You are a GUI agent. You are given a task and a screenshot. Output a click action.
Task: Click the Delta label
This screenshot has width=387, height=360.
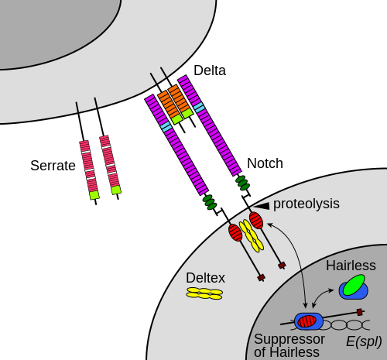click(210, 70)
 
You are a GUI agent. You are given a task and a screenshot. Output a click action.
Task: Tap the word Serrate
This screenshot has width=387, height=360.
click(53, 166)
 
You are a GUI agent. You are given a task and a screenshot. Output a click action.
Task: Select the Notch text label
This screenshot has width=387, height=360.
click(265, 163)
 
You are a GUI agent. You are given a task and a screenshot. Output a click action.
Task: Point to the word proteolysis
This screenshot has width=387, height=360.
click(307, 204)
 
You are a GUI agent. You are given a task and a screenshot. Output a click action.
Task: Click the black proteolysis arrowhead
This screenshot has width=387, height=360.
click(262, 206)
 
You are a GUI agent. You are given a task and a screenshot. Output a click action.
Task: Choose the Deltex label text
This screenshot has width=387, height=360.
click(205, 278)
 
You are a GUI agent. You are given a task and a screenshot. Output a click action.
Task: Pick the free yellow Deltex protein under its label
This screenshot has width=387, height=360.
click(204, 293)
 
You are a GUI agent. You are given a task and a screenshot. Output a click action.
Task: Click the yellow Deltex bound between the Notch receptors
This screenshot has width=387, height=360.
click(252, 235)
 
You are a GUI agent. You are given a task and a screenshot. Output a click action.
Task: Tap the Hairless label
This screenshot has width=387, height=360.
click(351, 266)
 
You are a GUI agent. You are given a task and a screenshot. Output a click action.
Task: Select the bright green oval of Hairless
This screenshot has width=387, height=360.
click(354, 285)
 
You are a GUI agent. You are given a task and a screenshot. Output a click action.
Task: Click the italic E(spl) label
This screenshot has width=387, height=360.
click(364, 341)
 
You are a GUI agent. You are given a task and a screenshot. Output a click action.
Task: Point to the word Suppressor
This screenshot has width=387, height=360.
click(289, 339)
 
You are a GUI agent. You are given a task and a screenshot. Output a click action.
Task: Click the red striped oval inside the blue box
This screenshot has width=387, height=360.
click(307, 321)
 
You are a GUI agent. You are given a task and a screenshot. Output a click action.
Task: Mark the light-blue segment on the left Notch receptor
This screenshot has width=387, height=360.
click(166, 125)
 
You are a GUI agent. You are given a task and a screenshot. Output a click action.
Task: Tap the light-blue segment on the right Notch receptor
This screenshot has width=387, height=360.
click(200, 107)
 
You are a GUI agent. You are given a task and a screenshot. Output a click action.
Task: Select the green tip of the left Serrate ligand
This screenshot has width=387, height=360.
click(94, 195)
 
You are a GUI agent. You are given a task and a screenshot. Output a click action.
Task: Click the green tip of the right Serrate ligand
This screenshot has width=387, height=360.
click(116, 190)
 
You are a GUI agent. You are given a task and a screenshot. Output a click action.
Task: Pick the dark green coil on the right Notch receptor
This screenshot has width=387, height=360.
click(243, 183)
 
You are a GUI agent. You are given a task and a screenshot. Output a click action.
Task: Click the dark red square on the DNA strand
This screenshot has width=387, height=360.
click(360, 312)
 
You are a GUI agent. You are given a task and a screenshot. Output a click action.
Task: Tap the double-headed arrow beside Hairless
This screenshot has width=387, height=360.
click(322, 296)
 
